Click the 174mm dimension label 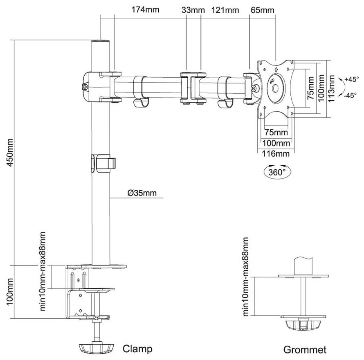coord(145,10)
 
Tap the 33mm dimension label coord(192,10)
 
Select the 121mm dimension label coord(225,10)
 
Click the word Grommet coord(305,350)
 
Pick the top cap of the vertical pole coord(100,43)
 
